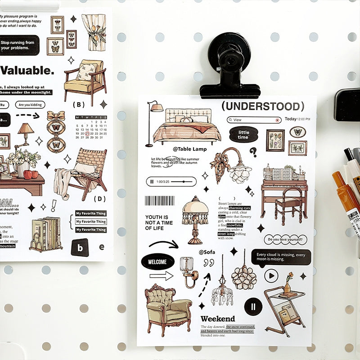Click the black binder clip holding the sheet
229,67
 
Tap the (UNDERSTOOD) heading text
263,107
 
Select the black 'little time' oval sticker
243,134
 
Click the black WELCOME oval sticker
157,261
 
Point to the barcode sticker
159,200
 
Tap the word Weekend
218,319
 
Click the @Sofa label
207,252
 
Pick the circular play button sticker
271,275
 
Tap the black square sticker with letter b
80,247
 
